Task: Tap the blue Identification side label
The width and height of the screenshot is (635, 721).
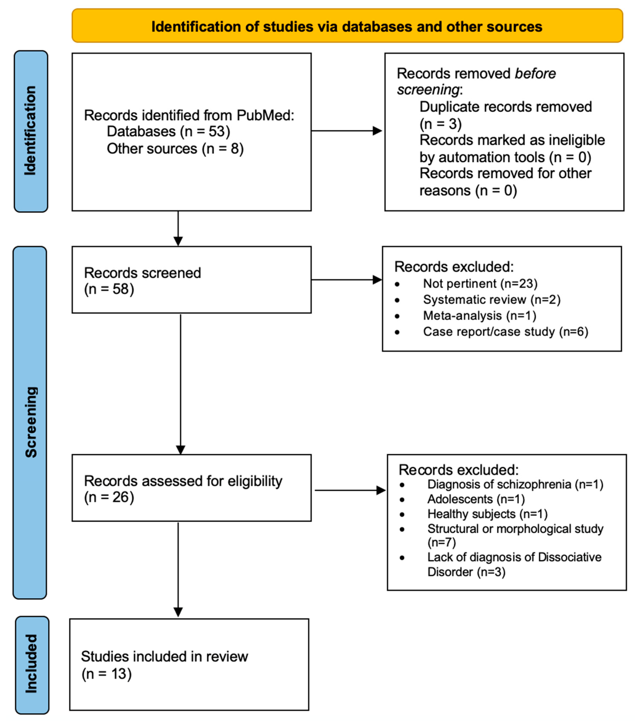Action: click(31, 131)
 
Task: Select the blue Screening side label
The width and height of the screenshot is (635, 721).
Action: click(30, 422)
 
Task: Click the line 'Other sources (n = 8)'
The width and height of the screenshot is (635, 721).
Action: click(175, 148)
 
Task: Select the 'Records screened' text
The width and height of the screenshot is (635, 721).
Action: click(142, 273)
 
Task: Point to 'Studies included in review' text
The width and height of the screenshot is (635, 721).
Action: click(164, 656)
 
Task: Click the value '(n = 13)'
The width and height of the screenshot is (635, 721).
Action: click(106, 674)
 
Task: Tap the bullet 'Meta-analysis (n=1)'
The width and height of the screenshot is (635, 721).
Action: click(479, 315)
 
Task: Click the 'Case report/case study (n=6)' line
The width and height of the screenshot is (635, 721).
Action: click(505, 332)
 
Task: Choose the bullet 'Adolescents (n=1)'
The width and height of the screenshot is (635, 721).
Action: click(476, 499)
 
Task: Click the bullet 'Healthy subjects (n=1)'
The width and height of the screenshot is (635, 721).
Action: click(487, 514)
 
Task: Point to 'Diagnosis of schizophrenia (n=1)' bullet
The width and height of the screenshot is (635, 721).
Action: click(515, 484)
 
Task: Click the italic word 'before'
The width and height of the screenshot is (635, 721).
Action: click(535, 74)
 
